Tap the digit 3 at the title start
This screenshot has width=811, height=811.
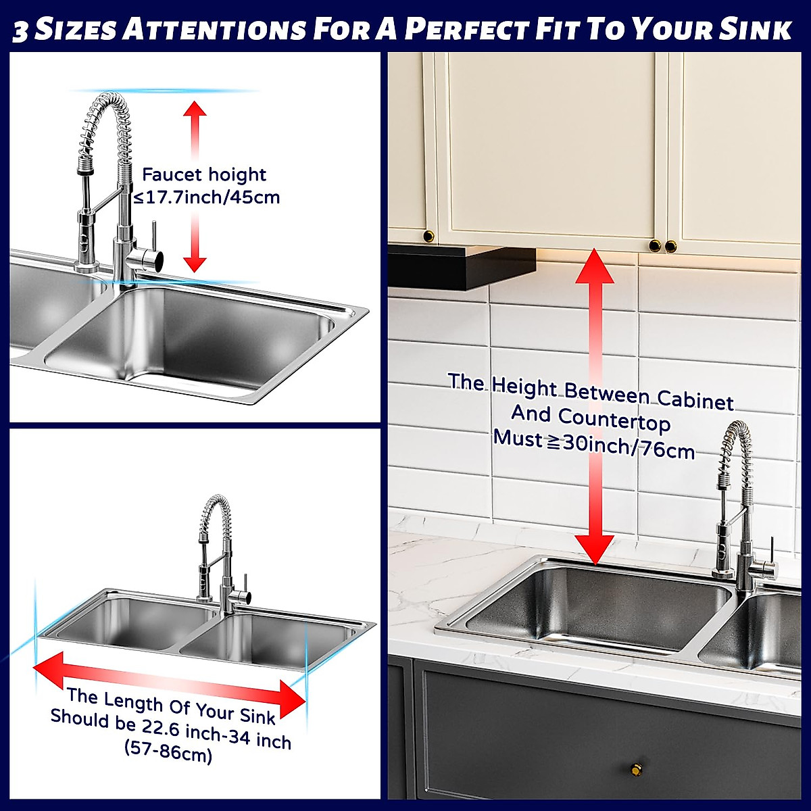click(x=20, y=30)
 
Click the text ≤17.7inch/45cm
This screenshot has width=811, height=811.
click(x=205, y=197)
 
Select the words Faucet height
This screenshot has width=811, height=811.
click(x=204, y=174)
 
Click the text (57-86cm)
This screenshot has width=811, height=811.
click(x=168, y=752)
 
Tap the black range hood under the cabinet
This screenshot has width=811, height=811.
click(x=460, y=265)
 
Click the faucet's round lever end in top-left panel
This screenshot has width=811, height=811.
click(x=154, y=257)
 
